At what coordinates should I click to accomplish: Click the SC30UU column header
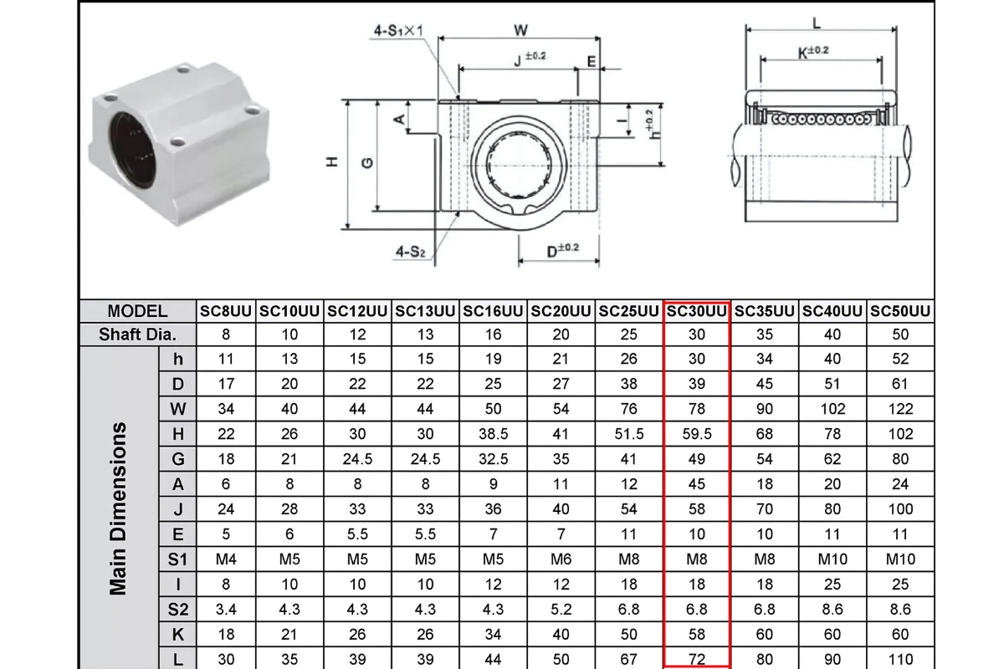pyautogui.click(x=697, y=311)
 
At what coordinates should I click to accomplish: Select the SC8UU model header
pyautogui.click(x=226, y=311)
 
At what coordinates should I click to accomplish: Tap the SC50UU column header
pyautogui.click(x=900, y=311)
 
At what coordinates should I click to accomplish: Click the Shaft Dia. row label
pyautogui.click(x=137, y=334)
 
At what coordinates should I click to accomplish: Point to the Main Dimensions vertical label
pyautogui.click(x=119, y=508)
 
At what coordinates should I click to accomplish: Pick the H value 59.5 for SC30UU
pyautogui.click(x=697, y=434)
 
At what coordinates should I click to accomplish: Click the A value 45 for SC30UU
pyautogui.click(x=697, y=484)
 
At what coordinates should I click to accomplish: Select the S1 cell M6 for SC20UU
pyautogui.click(x=561, y=559)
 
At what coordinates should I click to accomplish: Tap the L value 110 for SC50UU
pyautogui.click(x=900, y=659)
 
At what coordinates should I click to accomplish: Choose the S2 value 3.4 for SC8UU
pyautogui.click(x=226, y=610)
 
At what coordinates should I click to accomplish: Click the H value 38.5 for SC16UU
pyautogui.click(x=494, y=434)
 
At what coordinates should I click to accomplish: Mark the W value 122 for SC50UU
pyautogui.click(x=900, y=409)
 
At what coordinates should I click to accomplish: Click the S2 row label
pyautogui.click(x=177, y=610)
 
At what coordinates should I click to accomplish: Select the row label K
pyautogui.click(x=177, y=634)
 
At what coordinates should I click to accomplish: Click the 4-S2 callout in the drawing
pyautogui.click(x=410, y=251)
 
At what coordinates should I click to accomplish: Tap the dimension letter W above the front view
pyautogui.click(x=520, y=30)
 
